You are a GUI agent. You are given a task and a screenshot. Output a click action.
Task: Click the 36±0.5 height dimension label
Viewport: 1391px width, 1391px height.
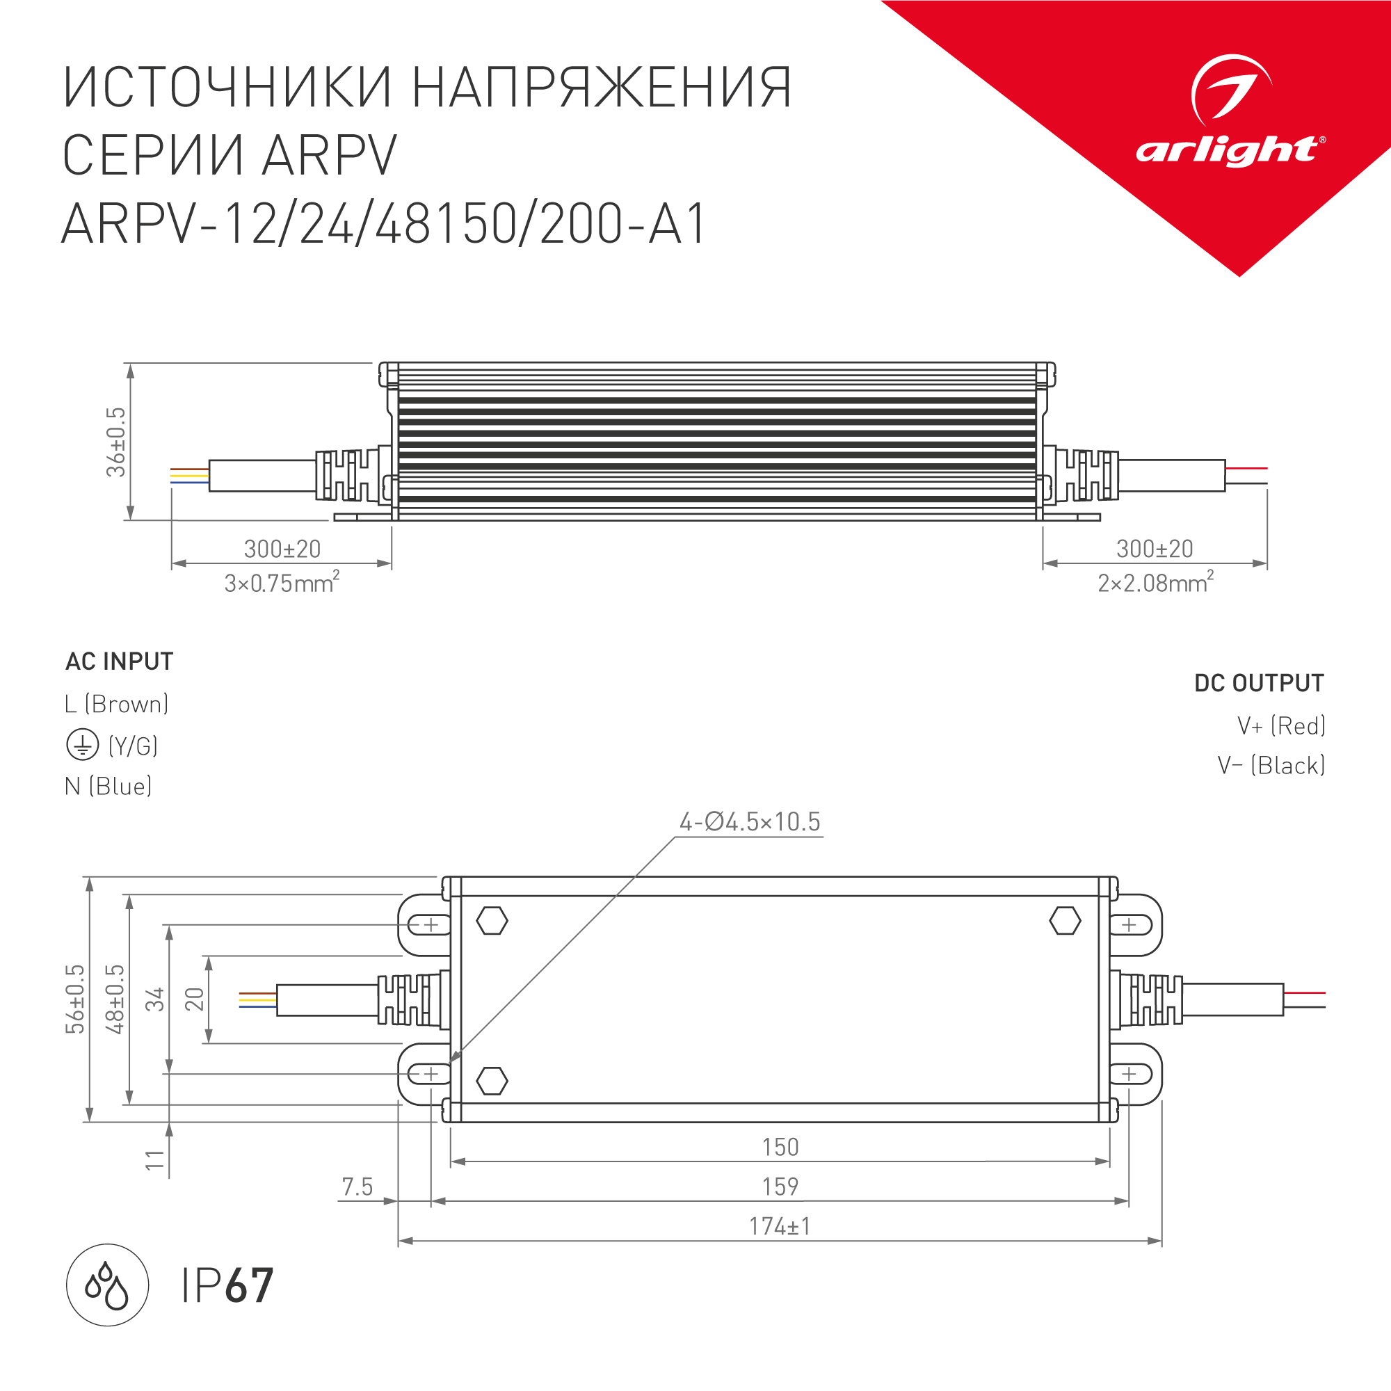point(116,442)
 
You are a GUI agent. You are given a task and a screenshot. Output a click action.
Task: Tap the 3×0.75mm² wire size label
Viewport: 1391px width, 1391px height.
point(282,582)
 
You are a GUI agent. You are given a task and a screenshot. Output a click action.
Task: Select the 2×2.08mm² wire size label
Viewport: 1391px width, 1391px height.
point(1155,582)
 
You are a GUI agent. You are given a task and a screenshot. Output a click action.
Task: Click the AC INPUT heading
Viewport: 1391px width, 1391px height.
point(120,661)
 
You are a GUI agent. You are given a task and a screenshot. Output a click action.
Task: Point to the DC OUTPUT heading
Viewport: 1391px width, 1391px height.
point(1259,683)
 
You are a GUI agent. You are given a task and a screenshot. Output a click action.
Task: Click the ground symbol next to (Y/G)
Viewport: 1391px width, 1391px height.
point(82,745)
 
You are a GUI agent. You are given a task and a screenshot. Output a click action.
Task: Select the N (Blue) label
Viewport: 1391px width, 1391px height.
point(108,786)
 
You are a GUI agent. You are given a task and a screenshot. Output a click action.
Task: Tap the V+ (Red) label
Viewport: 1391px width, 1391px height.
point(1281,725)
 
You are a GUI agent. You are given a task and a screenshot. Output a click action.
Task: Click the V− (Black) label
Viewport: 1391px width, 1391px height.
point(1271,765)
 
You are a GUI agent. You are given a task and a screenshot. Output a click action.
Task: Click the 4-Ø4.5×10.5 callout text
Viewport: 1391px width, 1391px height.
point(750,821)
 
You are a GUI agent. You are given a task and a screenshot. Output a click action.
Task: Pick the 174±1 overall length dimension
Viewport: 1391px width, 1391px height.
point(780,1226)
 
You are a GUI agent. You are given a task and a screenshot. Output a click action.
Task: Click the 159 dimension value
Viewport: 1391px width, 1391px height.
point(780,1187)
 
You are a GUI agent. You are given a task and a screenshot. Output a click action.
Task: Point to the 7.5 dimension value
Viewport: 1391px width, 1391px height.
point(357,1187)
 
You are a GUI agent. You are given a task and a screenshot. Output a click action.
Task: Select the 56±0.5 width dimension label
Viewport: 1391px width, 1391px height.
point(75,999)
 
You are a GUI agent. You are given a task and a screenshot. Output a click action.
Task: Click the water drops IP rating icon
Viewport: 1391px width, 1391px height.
point(107,1285)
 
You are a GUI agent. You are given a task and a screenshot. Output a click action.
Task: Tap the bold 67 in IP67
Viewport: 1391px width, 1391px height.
point(249,1286)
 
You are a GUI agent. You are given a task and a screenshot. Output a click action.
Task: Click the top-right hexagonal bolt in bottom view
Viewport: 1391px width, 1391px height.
point(1065,921)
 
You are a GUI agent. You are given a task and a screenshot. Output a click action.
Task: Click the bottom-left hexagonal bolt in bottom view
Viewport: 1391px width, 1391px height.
point(492,1081)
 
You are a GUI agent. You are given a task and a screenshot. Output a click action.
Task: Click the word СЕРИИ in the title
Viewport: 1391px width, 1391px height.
point(151,155)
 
